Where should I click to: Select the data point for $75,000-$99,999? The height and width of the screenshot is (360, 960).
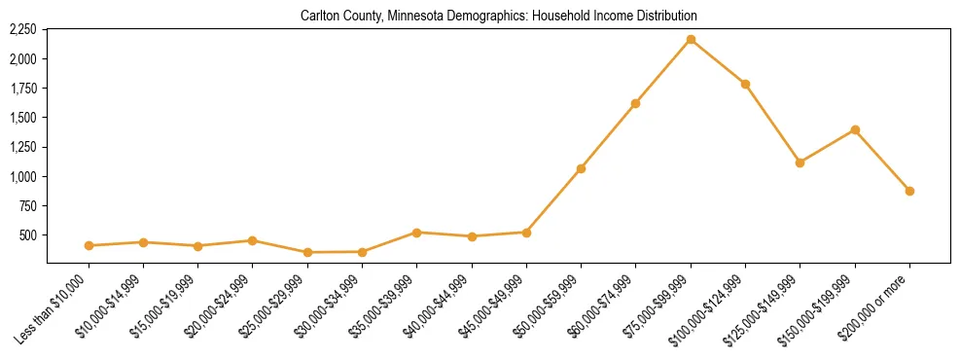691,40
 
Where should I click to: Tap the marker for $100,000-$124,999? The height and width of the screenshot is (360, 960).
745,85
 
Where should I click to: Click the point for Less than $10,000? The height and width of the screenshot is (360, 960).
89,246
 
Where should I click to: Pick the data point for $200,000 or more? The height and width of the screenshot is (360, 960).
909,191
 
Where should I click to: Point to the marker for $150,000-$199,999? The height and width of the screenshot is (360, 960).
855,130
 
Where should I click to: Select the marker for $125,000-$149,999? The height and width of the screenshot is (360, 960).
800,162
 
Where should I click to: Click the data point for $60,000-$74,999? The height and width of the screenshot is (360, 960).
635,103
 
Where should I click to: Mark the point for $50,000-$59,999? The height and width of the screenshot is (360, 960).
581,168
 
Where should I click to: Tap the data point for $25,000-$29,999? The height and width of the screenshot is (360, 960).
307,253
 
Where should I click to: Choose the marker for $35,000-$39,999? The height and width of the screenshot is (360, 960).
416,233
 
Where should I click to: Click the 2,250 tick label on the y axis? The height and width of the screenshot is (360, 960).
22,30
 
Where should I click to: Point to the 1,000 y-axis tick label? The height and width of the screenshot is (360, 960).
22,177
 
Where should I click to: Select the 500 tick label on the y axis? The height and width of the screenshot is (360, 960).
27,235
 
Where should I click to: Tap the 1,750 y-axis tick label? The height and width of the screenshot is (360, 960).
22,89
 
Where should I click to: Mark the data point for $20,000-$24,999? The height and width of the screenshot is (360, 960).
253,240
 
